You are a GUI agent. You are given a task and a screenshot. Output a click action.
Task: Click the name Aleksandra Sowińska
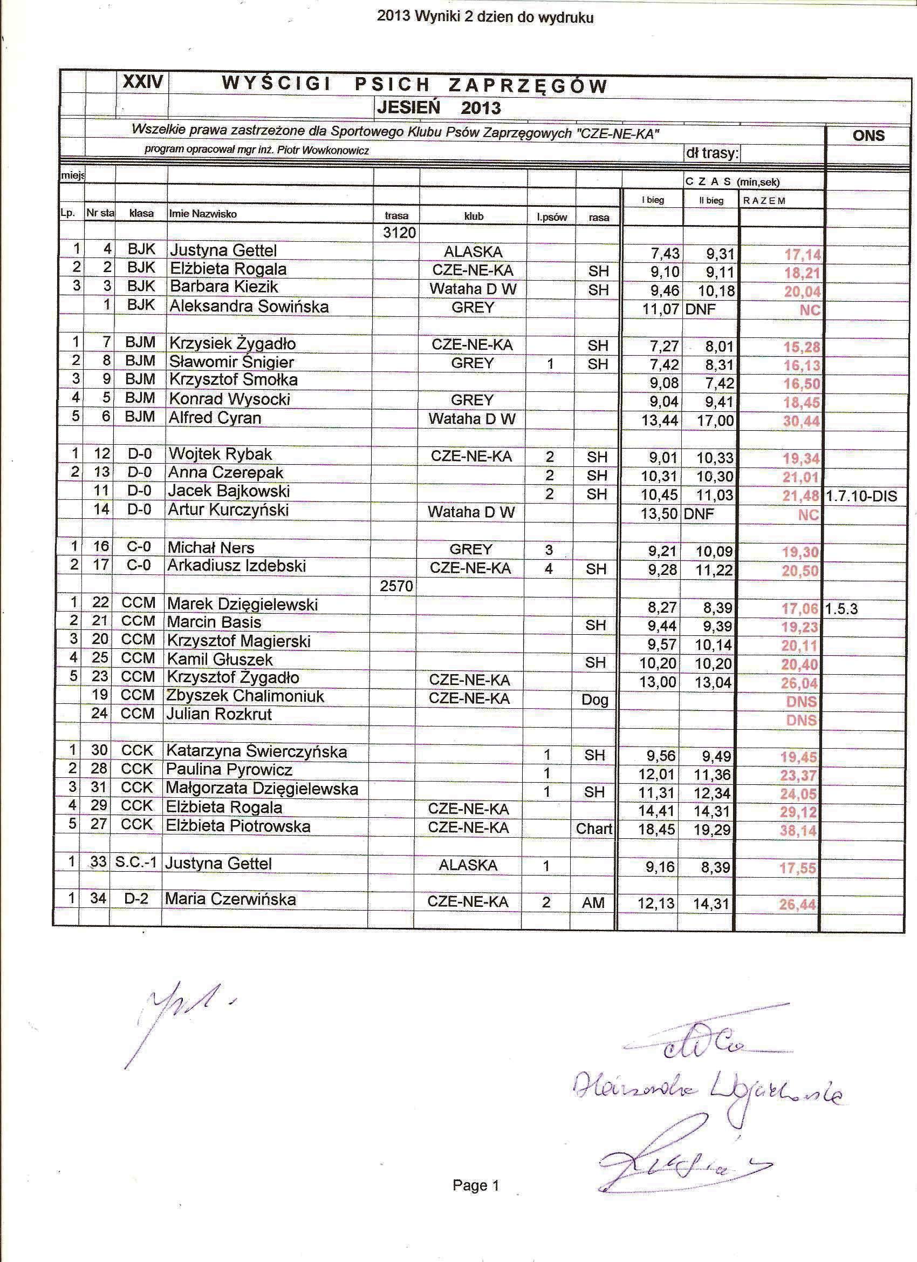coord(249,307)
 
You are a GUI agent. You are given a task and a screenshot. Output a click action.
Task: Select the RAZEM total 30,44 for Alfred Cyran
coord(802,421)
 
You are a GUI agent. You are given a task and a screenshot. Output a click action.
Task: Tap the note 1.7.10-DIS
coord(861,496)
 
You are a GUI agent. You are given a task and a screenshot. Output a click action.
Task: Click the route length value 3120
coord(399,233)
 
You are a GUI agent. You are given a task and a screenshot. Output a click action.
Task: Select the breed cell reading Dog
coord(594,700)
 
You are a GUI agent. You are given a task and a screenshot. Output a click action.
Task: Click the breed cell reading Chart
coord(594,829)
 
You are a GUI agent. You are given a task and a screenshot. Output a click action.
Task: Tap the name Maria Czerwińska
coord(230,899)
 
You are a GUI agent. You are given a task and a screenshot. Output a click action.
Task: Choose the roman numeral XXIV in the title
coord(142,83)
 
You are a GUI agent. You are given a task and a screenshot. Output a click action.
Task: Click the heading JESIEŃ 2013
coord(438,107)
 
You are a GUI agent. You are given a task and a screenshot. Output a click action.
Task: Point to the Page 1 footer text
coord(476,1186)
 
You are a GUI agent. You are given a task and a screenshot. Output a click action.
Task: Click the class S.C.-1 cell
coord(136,863)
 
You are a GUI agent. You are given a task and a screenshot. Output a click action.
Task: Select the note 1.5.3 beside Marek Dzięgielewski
coord(841,609)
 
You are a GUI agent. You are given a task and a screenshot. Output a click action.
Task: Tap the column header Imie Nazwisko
coord(203,214)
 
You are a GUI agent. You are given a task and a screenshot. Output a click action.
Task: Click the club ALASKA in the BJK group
coord(473,252)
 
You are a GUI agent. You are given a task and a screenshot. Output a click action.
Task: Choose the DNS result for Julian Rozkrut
coord(802,720)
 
